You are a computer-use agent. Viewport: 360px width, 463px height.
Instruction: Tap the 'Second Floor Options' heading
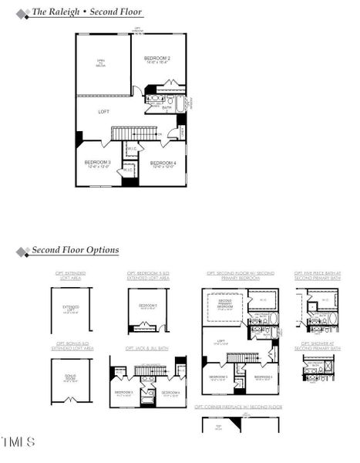pos(75,251)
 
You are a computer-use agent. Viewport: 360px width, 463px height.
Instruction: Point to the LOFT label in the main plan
pos(103,112)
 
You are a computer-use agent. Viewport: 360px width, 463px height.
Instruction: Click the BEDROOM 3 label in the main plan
pos(98,163)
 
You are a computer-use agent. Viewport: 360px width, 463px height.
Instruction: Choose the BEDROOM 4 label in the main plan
pos(163,164)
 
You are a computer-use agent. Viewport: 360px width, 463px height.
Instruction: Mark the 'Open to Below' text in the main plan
pos(100,63)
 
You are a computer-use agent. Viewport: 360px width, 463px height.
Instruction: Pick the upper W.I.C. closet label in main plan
pos(131,150)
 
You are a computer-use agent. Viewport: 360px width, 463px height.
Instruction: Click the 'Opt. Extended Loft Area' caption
pos(70,275)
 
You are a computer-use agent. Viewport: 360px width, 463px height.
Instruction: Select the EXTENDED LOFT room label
pos(70,309)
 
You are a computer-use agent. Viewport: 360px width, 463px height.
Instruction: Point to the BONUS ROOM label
pos(70,378)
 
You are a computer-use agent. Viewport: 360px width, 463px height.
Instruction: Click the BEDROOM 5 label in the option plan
pos(147,306)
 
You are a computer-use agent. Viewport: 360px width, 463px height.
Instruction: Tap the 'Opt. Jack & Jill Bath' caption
pos(147,349)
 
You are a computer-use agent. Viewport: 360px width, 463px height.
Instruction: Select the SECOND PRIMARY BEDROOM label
pos(225,303)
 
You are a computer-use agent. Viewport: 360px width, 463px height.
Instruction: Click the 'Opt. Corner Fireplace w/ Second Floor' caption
pos(238,406)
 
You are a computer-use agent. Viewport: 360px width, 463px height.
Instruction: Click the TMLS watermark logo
pos(18,442)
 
